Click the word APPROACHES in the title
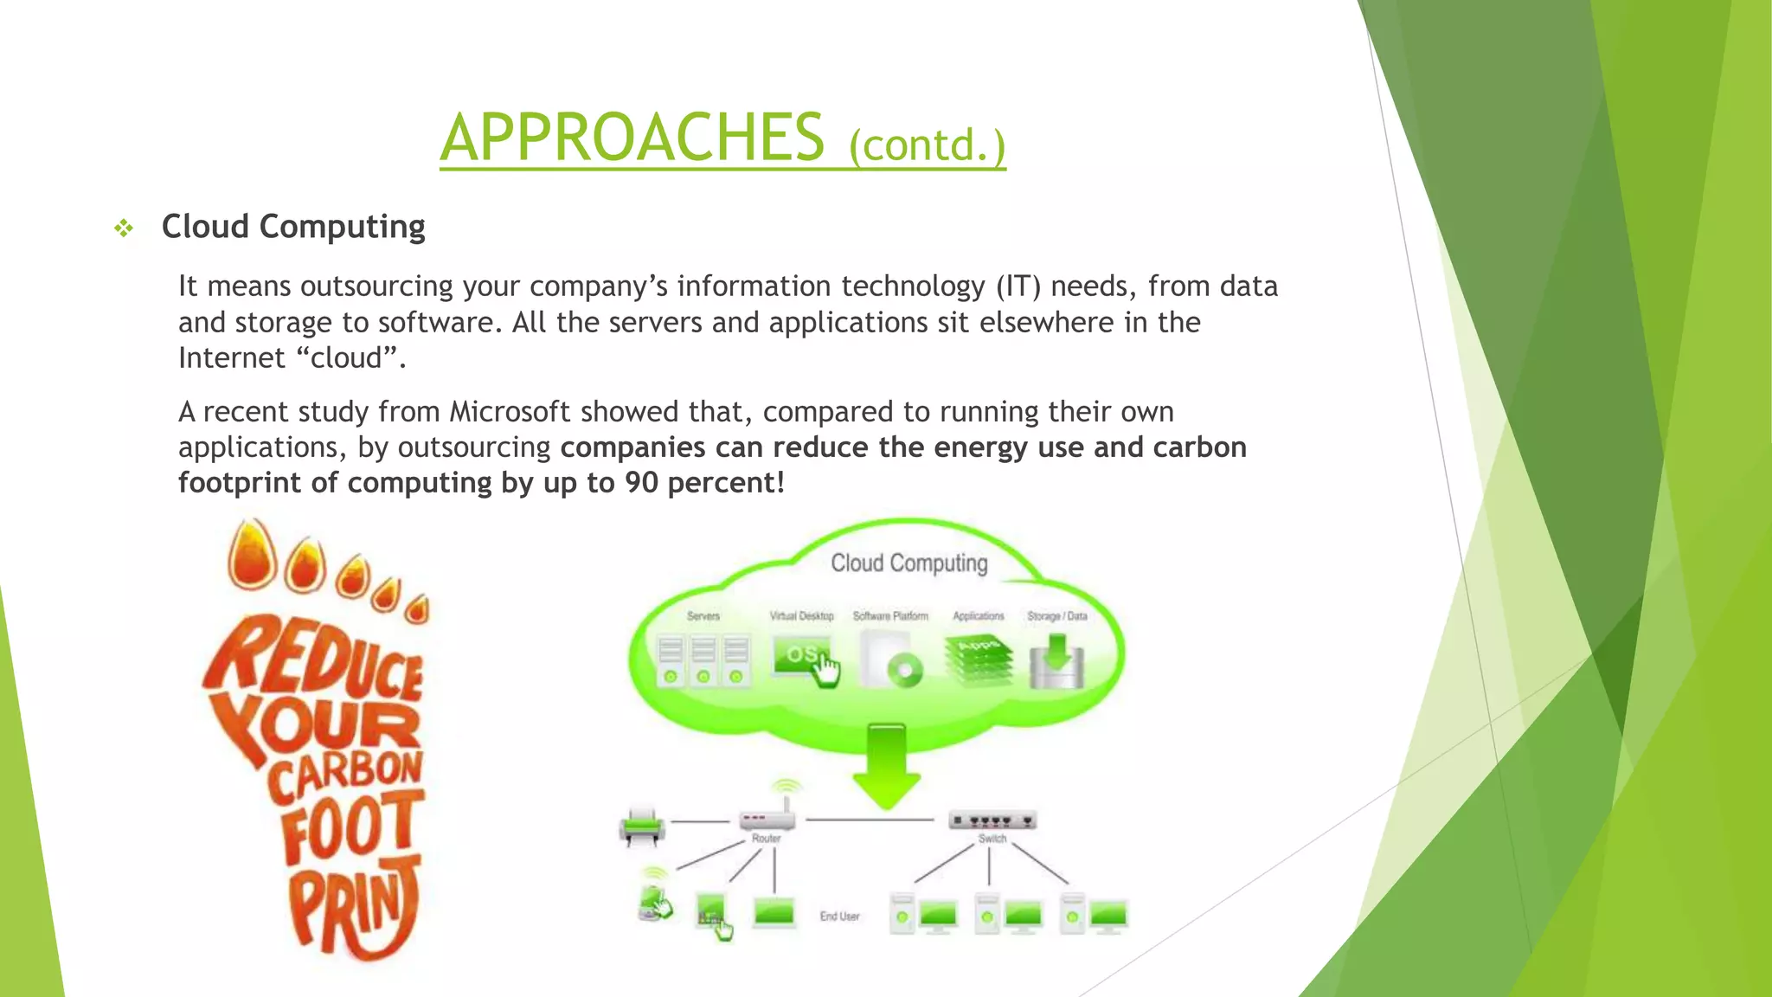(x=632, y=138)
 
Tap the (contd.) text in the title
(x=927, y=145)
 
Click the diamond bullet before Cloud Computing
(x=124, y=228)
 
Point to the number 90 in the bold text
(x=641, y=483)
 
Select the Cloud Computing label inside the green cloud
(x=908, y=563)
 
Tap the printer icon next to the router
(x=642, y=827)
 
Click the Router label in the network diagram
(x=766, y=839)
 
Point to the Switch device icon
(x=992, y=820)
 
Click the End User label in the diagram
(x=839, y=917)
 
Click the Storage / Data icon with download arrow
(x=1056, y=662)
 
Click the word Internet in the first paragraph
(x=231, y=358)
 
